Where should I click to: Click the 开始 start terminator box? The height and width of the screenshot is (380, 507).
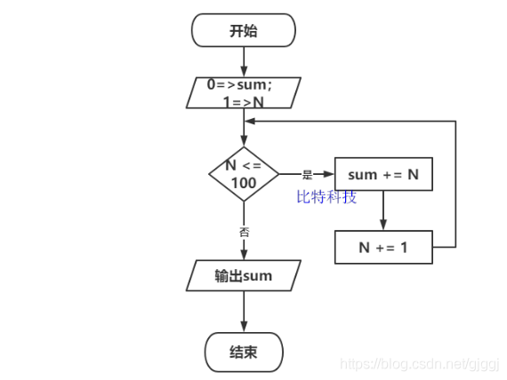pyautogui.click(x=243, y=31)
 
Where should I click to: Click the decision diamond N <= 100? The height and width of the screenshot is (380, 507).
pyautogui.click(x=243, y=174)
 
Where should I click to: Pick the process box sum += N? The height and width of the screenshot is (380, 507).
pyautogui.click(x=382, y=175)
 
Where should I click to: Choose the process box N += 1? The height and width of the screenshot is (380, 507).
pyautogui.click(x=382, y=248)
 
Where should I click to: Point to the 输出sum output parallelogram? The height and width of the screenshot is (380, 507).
pyautogui.click(x=243, y=275)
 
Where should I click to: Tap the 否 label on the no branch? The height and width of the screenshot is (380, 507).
pyautogui.click(x=244, y=231)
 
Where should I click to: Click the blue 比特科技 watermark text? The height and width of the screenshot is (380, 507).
pyautogui.click(x=326, y=197)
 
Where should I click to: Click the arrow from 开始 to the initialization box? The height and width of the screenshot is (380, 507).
pyautogui.click(x=243, y=62)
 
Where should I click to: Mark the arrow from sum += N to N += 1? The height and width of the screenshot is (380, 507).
pyautogui.click(x=382, y=211)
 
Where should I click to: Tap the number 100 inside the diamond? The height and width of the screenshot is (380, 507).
pyautogui.click(x=243, y=183)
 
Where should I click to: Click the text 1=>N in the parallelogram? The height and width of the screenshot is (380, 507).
pyautogui.click(x=243, y=102)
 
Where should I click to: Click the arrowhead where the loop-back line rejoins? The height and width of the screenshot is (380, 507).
pyautogui.click(x=251, y=122)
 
